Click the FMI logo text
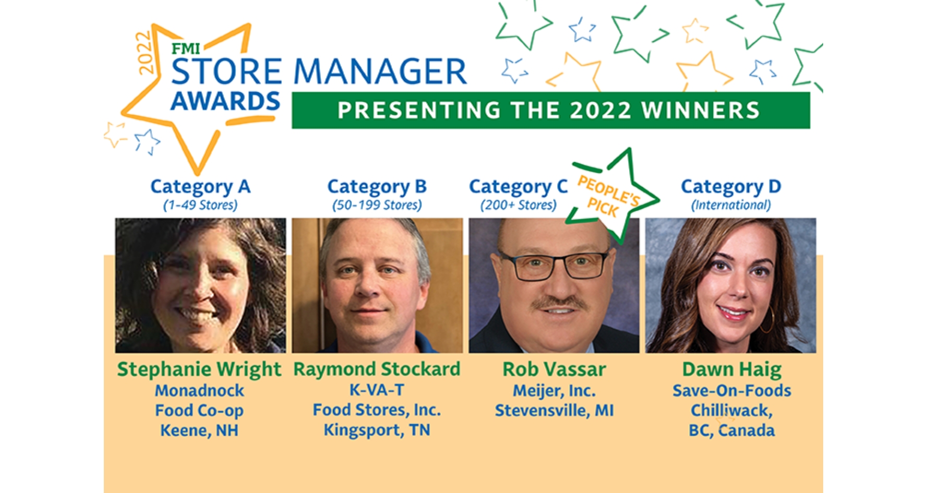click(186, 49)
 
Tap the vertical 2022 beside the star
click(145, 53)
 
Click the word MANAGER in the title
click(380, 71)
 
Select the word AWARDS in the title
click(225, 101)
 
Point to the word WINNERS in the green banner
click(701, 110)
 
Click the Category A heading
click(200, 187)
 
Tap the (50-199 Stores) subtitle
click(377, 205)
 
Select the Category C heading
click(518, 187)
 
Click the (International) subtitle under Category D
click(731, 205)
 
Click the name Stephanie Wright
click(199, 369)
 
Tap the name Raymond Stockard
click(377, 369)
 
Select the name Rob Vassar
click(554, 369)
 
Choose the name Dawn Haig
click(732, 369)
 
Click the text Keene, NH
click(199, 430)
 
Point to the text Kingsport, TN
click(377, 430)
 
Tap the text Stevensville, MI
click(554, 411)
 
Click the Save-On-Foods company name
click(732, 390)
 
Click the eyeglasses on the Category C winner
click(554, 265)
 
